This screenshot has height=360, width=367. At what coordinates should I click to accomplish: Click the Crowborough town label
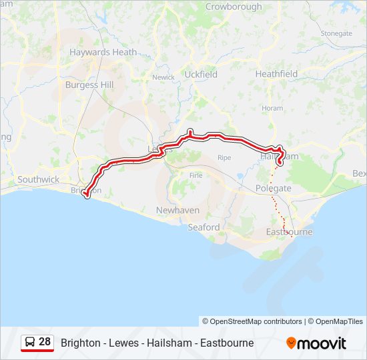point(234,7)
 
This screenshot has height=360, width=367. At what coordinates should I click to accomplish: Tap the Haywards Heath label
point(103,51)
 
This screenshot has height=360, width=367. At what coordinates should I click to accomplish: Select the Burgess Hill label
point(89,85)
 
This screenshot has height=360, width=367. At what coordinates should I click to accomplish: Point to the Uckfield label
point(201,75)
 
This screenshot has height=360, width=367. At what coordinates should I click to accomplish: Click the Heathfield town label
point(276,74)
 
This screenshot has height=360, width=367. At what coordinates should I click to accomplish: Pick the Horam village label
point(272,108)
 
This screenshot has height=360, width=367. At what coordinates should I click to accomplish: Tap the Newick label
point(163,77)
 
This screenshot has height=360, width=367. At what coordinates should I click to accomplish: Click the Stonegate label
point(336,33)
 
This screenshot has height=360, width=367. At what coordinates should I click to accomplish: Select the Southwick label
point(39,179)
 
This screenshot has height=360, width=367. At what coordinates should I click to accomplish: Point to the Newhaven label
point(177,210)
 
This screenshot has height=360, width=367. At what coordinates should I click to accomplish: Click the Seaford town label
point(204,227)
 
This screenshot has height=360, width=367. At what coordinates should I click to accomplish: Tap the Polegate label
point(273,189)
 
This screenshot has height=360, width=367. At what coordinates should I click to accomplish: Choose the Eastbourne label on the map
point(289,232)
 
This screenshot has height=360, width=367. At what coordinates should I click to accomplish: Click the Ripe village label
point(224,158)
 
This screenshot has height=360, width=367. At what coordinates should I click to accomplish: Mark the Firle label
point(196,175)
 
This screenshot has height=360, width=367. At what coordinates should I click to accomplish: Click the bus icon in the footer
point(30,343)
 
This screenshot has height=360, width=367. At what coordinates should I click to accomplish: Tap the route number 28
point(45,342)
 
